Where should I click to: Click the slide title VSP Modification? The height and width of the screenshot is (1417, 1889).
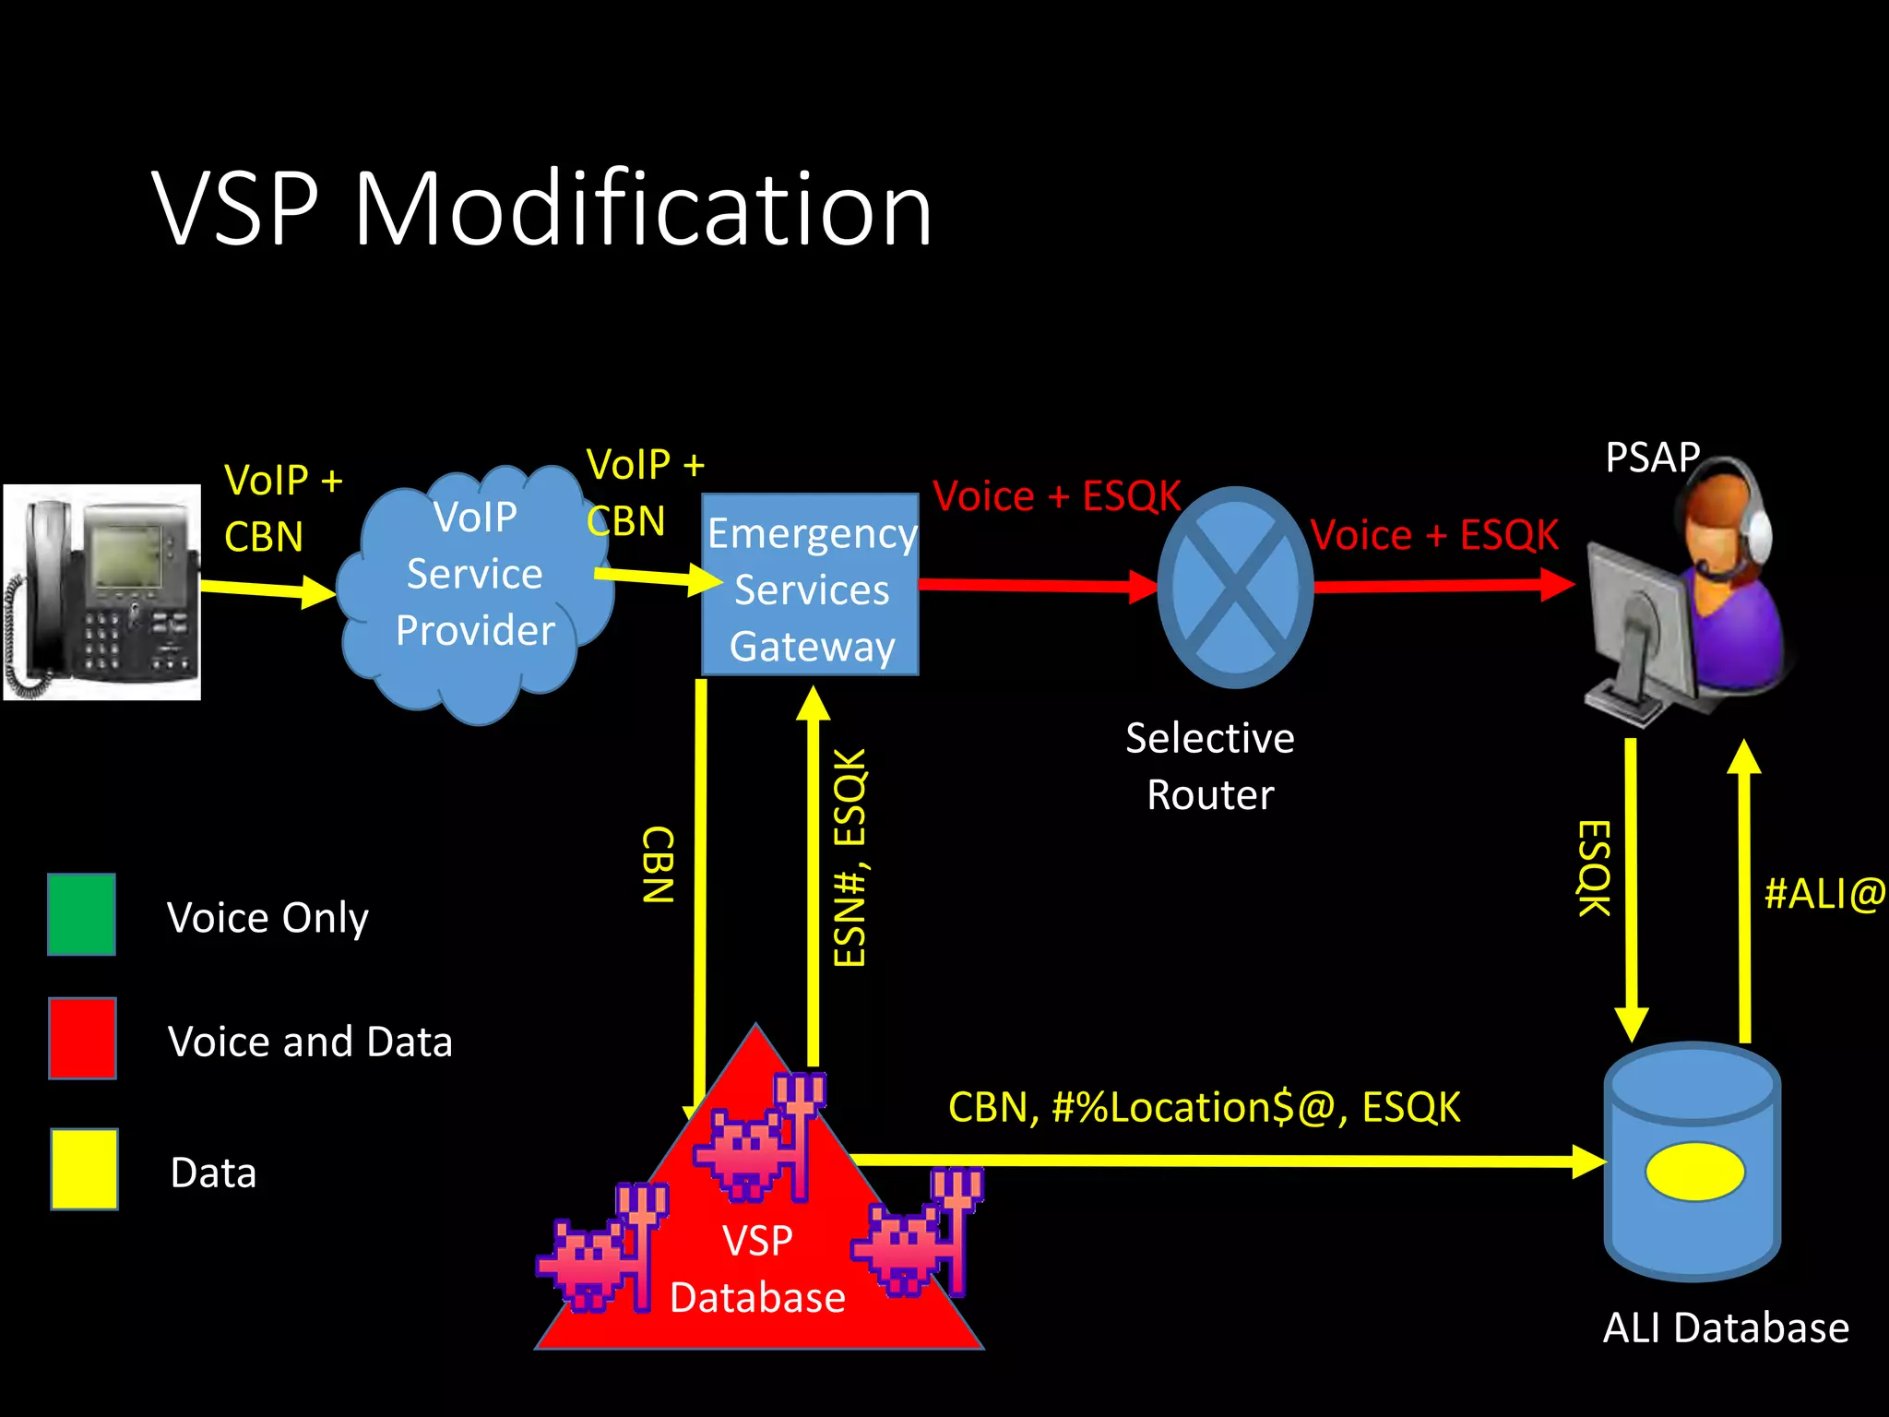pos(542,210)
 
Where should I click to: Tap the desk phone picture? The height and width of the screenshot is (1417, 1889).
pos(102,592)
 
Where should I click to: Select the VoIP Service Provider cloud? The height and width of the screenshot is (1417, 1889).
pos(475,590)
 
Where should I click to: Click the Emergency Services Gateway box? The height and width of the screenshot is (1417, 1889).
pos(811,585)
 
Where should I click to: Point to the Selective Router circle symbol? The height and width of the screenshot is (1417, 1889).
pos(1235,587)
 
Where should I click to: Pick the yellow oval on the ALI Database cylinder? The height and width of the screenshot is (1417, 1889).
pos(1694,1172)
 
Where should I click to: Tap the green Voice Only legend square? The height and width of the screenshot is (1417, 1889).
pos(82,914)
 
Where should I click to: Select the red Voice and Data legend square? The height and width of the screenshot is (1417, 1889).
pos(83,1038)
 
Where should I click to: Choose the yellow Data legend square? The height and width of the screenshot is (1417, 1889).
pos(84,1169)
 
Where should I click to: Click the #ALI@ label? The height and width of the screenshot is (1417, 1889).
pos(1824,894)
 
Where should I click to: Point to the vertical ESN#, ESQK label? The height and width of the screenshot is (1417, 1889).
pos(849,858)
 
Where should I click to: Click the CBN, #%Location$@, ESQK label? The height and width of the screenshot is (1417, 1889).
pos(1204,1107)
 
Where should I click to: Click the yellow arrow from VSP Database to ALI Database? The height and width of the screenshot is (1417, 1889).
pos(1227,1161)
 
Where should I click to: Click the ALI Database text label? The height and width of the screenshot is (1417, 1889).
pos(1726,1328)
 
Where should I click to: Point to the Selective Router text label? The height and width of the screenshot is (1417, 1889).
pos(1210,767)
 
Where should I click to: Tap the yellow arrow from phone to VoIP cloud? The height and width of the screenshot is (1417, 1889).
pos(267,589)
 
